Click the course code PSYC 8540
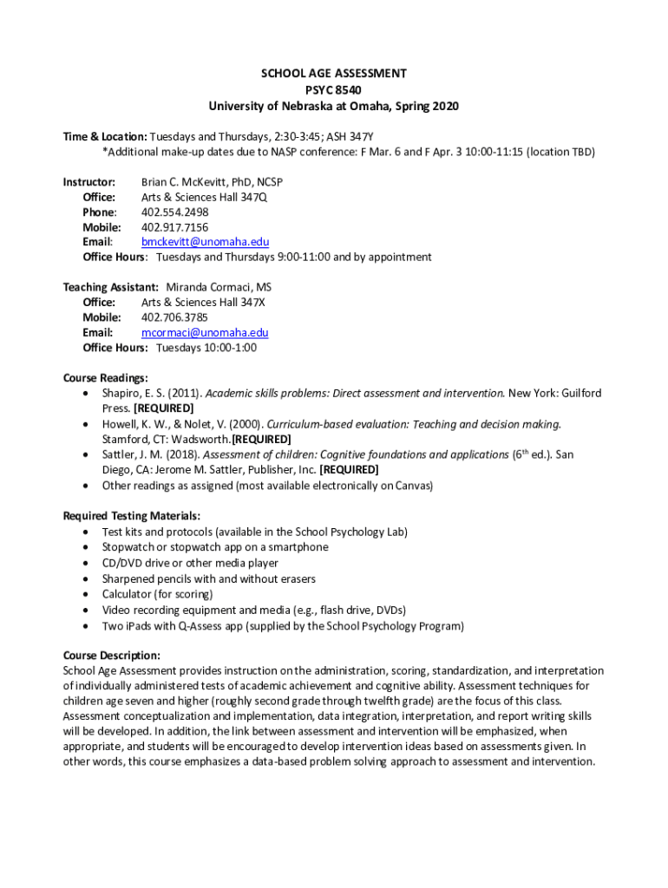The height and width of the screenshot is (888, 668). click(x=333, y=90)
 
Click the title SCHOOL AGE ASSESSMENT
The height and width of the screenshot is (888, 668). click(x=333, y=75)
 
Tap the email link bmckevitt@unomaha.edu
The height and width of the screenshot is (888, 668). click(x=205, y=242)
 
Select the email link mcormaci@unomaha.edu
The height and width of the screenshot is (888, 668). click(x=205, y=332)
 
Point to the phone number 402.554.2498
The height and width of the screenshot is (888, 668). click(x=174, y=212)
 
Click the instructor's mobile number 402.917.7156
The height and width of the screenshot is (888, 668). click(x=174, y=227)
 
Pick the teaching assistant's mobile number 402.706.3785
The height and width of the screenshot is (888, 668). click(x=174, y=317)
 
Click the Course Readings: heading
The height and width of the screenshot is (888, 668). click(x=106, y=378)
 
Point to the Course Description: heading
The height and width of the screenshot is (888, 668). click(x=112, y=655)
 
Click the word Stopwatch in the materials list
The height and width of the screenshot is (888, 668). click(x=129, y=547)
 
